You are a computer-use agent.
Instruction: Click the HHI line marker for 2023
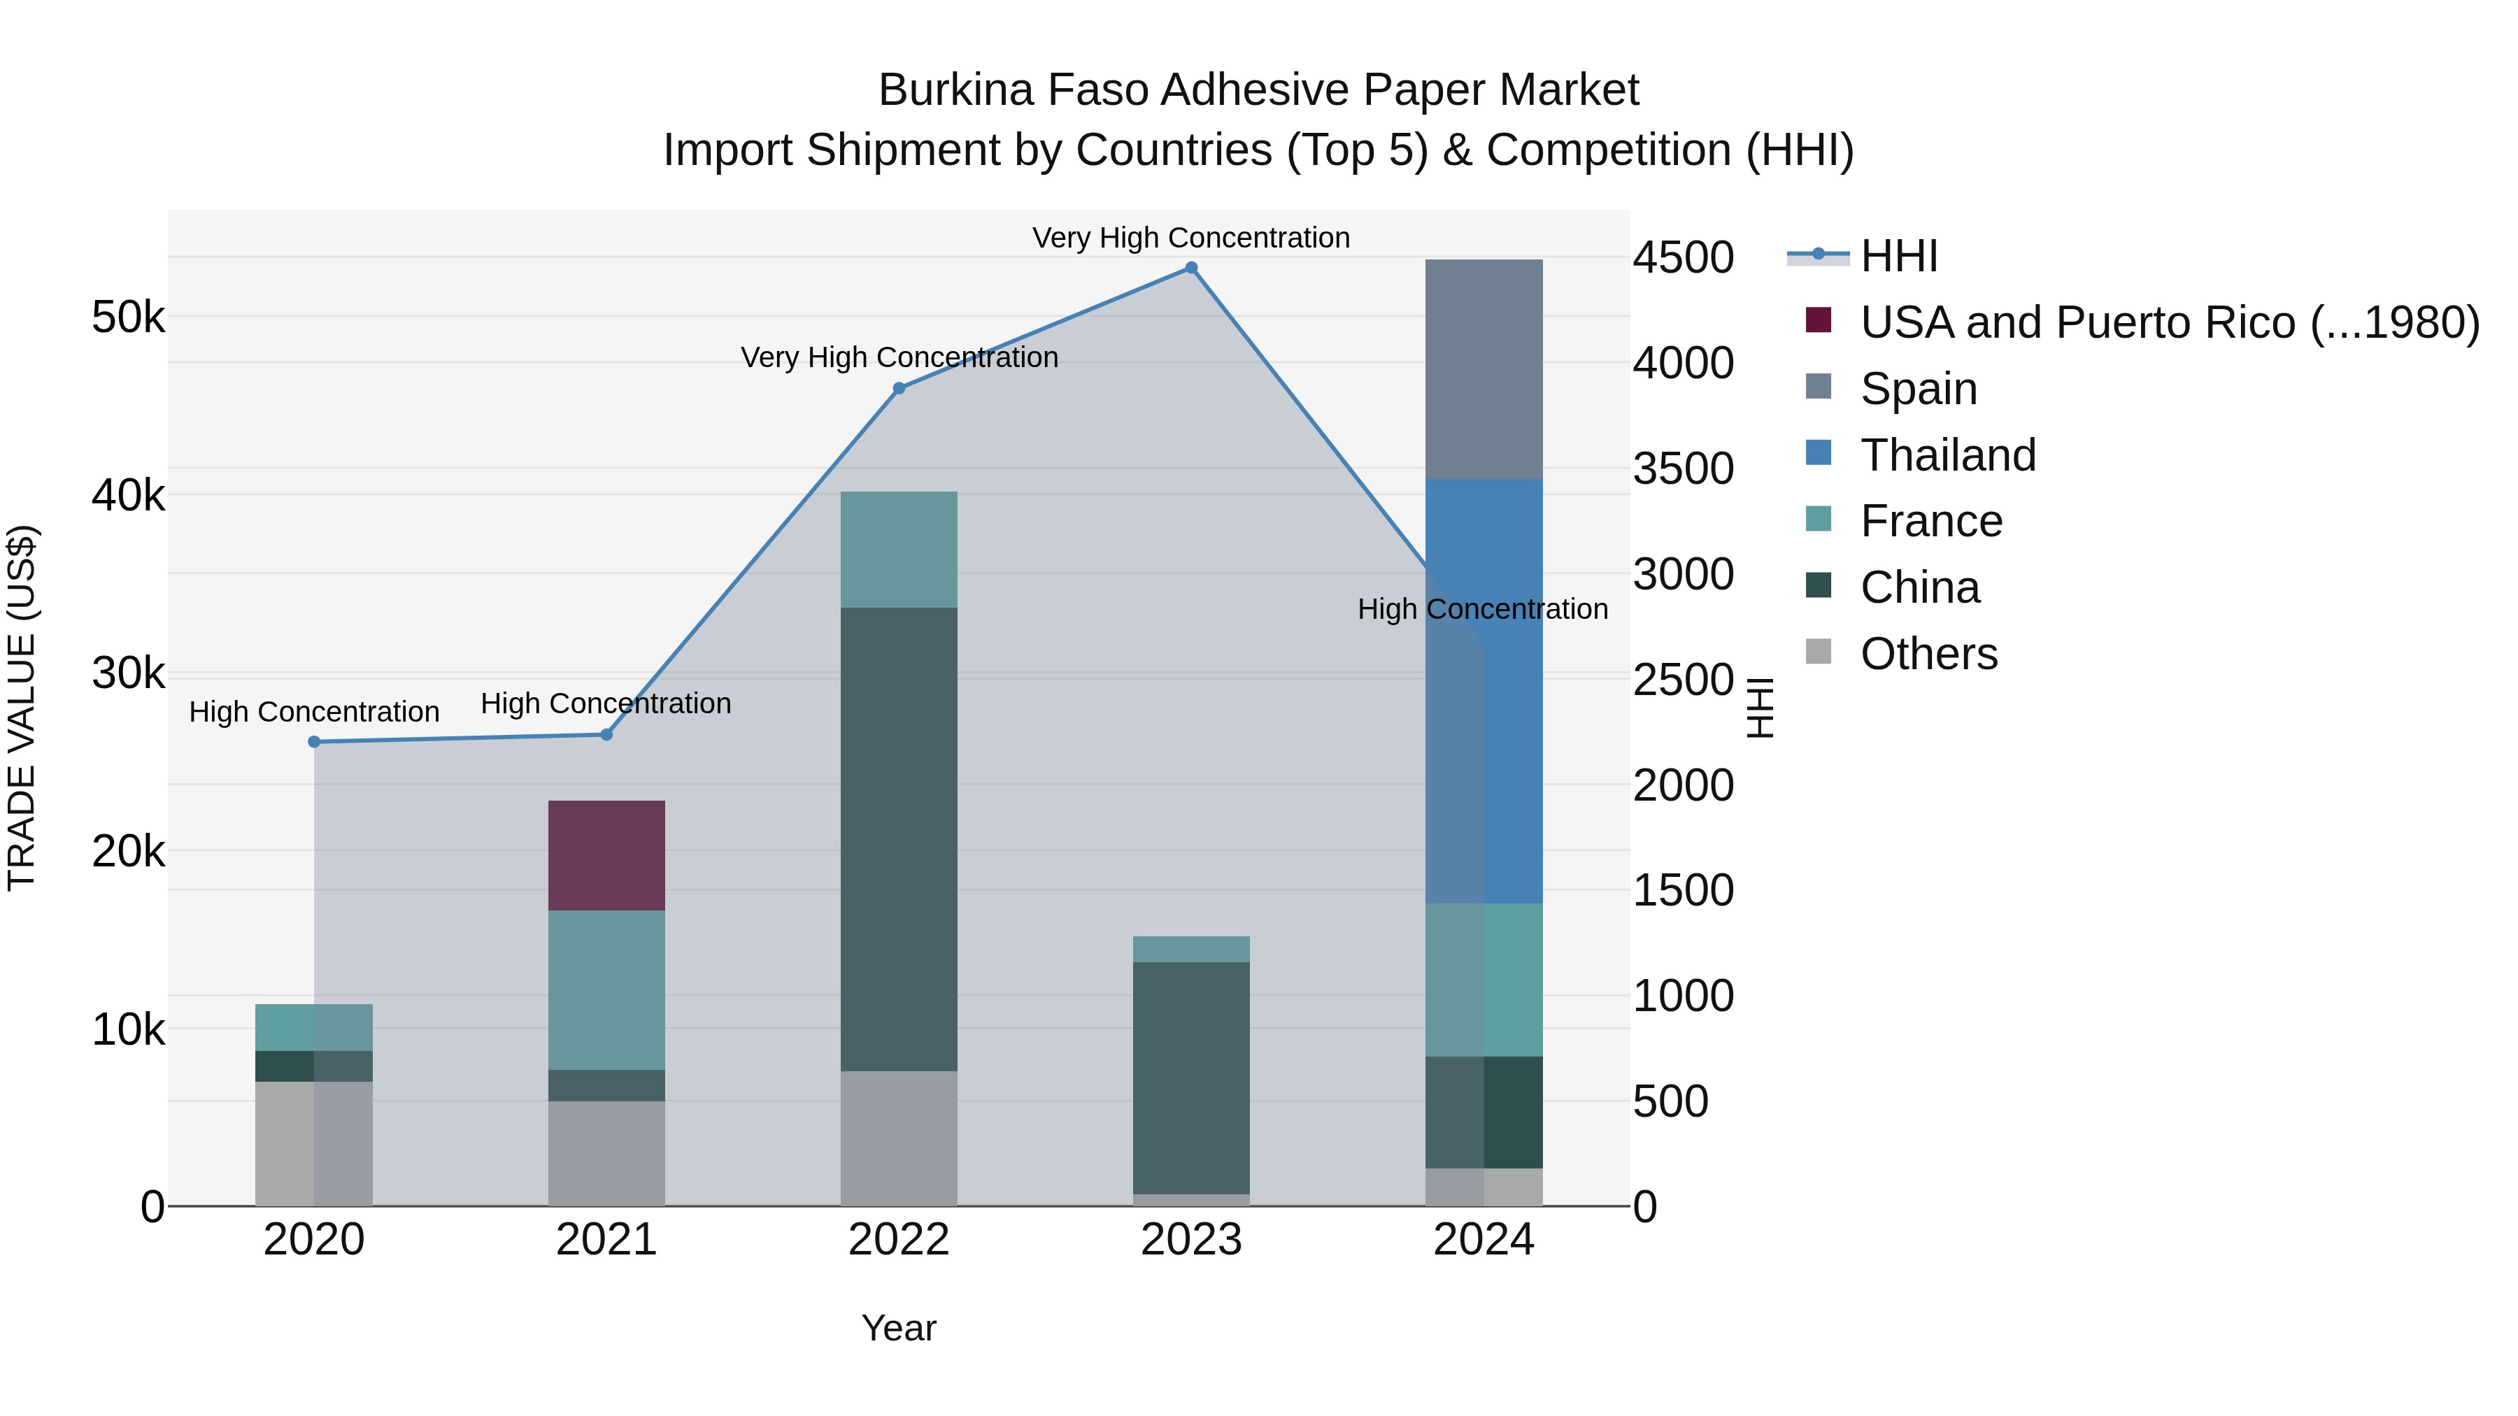[1190, 268]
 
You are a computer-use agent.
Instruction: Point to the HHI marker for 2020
[314, 742]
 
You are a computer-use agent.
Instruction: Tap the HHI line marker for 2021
[606, 735]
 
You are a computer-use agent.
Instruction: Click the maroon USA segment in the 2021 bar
[606, 855]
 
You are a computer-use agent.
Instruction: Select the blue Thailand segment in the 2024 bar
[1484, 691]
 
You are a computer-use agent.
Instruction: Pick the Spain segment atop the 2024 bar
[1484, 369]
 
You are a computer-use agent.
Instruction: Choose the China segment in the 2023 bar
[1190, 1077]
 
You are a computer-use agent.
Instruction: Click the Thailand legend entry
[1947, 455]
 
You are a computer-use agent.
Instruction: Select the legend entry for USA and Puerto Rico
[2169, 322]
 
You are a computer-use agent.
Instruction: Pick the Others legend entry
[1928, 654]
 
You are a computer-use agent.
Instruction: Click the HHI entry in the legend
[1898, 256]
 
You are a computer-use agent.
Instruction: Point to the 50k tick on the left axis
[128, 317]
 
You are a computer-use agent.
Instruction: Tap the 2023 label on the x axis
[1190, 1240]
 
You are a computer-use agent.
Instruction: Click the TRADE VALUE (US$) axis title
[22, 708]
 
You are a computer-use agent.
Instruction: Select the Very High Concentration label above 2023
[1190, 238]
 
